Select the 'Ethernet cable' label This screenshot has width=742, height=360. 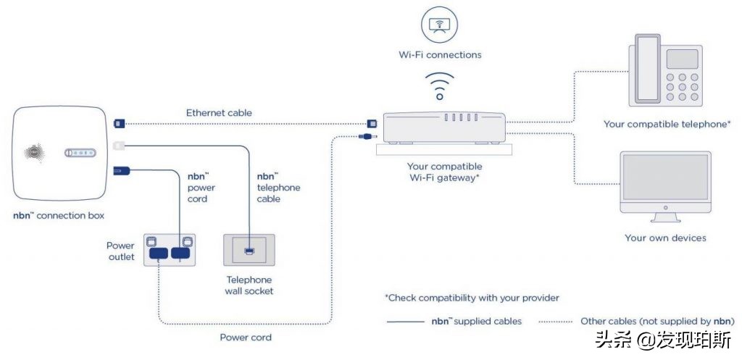(219, 113)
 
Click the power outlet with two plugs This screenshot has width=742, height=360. (170, 249)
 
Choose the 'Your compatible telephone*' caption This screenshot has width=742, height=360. (667, 125)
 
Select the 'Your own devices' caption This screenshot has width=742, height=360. (665, 238)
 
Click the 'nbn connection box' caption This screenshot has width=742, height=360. (59, 216)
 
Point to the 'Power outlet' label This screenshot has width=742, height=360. (120, 251)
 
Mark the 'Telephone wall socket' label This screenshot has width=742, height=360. (249, 285)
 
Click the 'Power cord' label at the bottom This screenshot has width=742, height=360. (246, 338)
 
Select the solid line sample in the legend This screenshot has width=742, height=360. (406, 321)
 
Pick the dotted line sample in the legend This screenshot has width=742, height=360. (554, 321)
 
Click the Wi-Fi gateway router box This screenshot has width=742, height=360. (444, 128)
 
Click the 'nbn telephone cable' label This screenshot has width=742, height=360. (278, 188)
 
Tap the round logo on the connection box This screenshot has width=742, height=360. (34, 153)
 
